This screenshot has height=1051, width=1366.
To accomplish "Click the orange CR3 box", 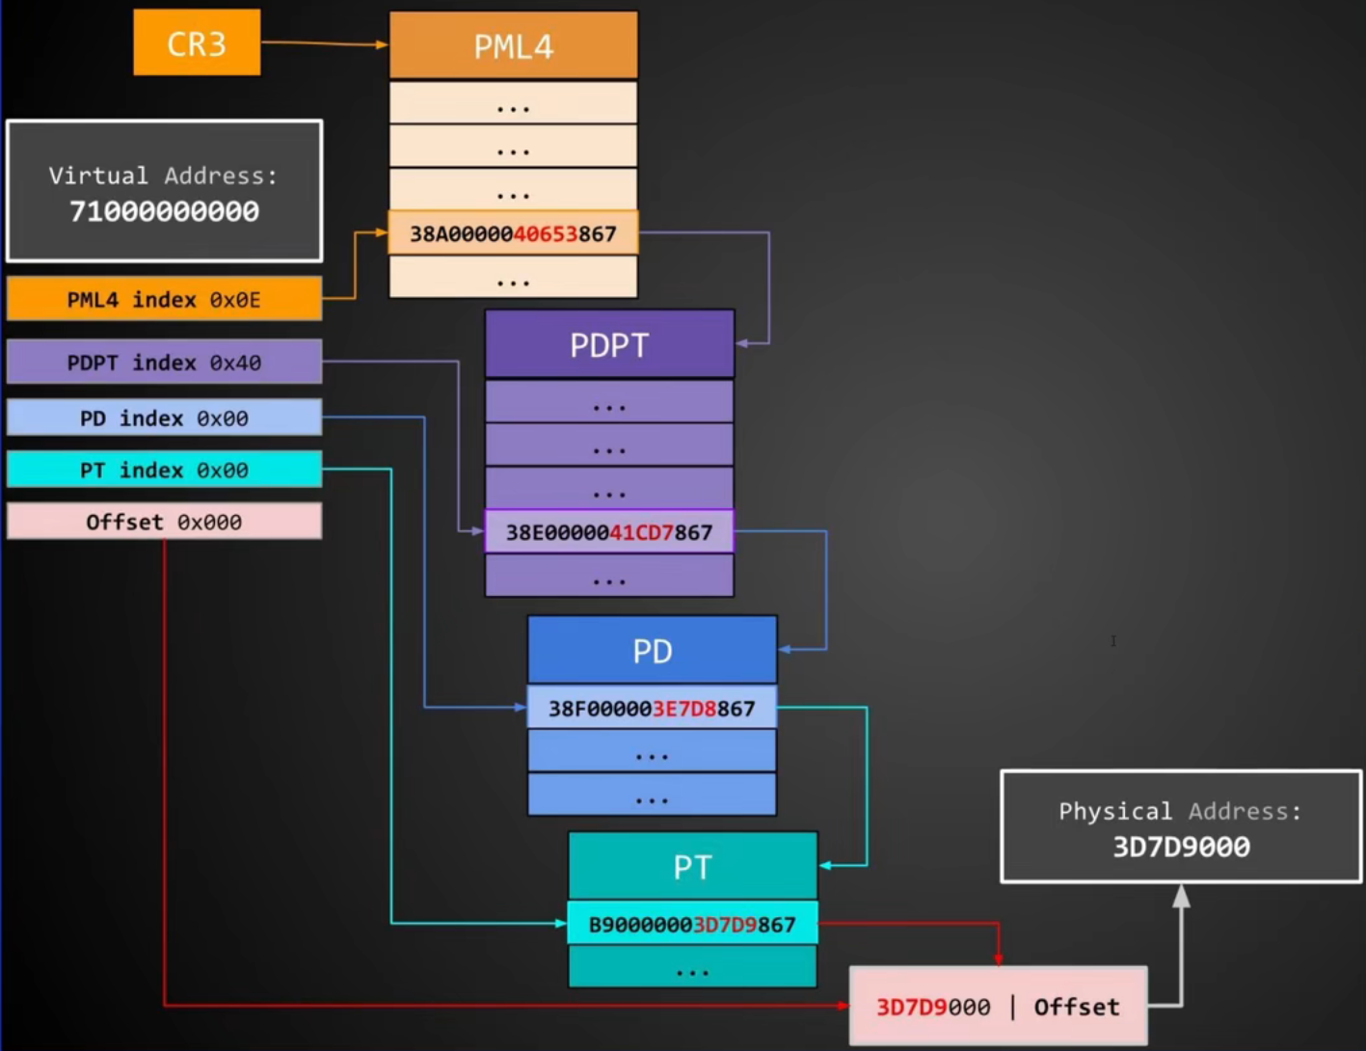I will click(x=197, y=43).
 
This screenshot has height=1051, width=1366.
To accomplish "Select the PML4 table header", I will click(x=513, y=45).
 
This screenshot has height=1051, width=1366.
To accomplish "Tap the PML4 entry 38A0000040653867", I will click(x=513, y=233).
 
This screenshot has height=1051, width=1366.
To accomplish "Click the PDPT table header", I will click(x=609, y=344).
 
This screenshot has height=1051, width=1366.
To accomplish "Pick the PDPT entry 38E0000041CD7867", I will click(x=609, y=531).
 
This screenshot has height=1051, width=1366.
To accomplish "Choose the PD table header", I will click(x=652, y=651).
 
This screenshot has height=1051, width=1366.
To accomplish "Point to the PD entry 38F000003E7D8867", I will click(x=652, y=709).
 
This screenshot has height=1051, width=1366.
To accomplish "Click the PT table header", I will click(x=692, y=867).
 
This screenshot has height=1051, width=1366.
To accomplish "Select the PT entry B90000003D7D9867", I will click(x=692, y=925).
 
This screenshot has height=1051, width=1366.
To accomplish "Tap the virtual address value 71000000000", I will click(x=164, y=211).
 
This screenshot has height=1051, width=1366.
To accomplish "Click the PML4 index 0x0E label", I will click(x=164, y=299).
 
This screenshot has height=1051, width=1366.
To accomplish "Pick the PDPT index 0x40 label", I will click(x=164, y=363).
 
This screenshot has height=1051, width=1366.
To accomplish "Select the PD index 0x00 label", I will click(x=164, y=418).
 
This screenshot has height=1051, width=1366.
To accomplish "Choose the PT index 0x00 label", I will click(x=164, y=470).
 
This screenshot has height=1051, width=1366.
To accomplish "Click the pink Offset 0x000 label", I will click(x=164, y=522).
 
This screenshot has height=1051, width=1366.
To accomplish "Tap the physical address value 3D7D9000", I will click(x=1181, y=847).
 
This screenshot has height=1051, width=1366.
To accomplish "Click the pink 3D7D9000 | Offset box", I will click(x=998, y=1007).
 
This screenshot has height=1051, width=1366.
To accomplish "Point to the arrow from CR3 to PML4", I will click(x=323, y=43).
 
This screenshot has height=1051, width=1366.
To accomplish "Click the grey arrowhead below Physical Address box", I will click(x=1181, y=897).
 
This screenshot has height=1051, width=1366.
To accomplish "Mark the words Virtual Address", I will click(x=163, y=175).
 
